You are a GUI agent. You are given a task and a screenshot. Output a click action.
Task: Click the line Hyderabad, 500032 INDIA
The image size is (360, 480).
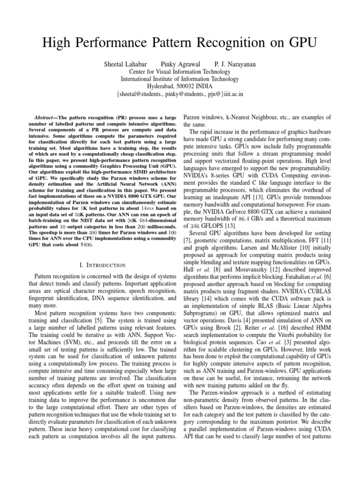tap(180, 86)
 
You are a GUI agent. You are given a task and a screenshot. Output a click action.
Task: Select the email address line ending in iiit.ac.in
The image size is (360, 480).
tap(180, 94)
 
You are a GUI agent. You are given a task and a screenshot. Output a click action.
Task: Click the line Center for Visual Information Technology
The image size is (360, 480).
tap(180, 72)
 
